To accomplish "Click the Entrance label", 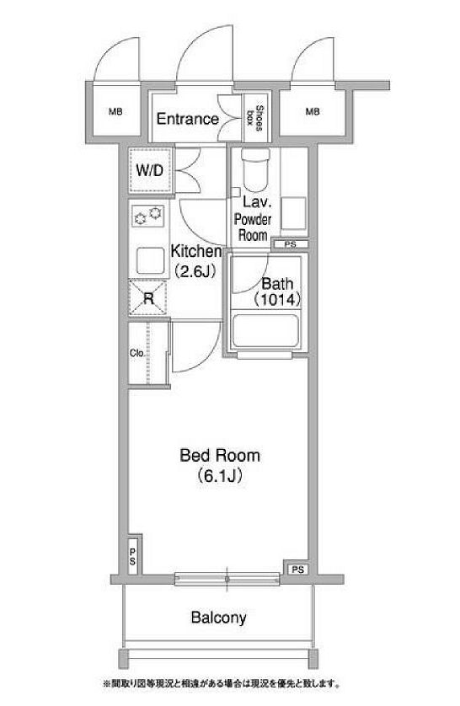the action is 187,119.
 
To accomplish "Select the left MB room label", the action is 115,111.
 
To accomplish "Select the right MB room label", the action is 313,111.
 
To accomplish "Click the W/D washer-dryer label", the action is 149,171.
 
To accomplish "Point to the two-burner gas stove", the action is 148,217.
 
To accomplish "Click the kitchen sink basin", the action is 150,261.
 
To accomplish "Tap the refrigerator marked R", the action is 148,297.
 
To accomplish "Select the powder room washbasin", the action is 293,213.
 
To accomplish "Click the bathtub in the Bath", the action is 266,331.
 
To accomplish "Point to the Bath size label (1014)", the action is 277,299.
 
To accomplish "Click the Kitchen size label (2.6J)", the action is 194,271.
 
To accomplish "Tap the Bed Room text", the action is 220,455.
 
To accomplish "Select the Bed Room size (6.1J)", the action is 220,476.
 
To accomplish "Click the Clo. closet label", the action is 136,354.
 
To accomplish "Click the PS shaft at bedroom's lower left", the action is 133,556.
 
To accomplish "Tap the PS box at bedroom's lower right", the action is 297,570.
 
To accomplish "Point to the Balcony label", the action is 219,617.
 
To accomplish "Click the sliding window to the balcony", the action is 227,579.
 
